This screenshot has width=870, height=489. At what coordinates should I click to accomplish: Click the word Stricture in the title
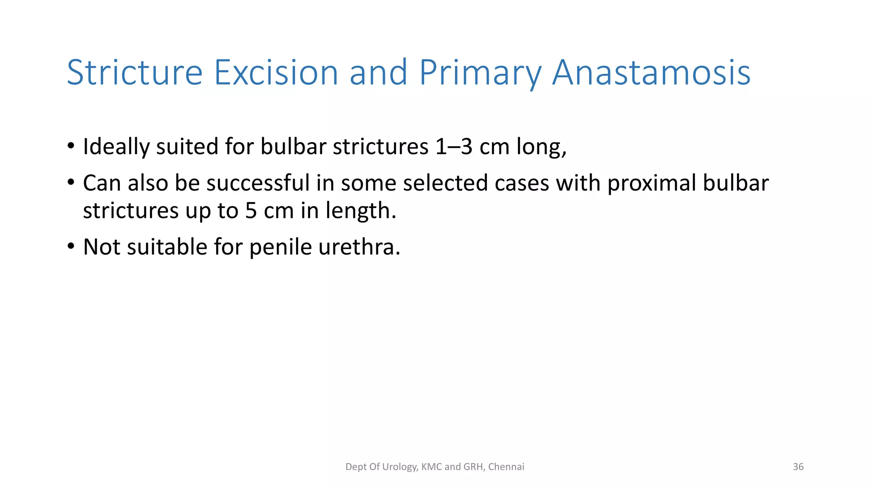tap(134, 73)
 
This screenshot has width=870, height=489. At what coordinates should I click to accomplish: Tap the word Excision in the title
tap(276, 73)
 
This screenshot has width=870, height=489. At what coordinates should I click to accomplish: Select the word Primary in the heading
tap(480, 73)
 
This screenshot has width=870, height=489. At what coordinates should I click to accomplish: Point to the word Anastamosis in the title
tap(651, 73)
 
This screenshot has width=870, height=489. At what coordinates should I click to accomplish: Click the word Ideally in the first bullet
tap(116, 147)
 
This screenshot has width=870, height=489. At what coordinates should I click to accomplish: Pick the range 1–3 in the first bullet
tap(454, 147)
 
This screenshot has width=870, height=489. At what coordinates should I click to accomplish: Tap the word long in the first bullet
tap(540, 147)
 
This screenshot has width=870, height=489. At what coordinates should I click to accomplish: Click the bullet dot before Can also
tap(71, 183)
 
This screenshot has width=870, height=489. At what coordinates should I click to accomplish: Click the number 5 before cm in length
tap(251, 211)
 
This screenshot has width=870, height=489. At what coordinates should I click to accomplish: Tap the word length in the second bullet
tap(360, 211)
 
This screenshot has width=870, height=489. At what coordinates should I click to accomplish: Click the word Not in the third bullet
tap(102, 247)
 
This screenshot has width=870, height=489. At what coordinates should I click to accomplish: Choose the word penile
tap(280, 247)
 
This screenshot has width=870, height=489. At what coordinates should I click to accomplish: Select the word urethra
tap(358, 247)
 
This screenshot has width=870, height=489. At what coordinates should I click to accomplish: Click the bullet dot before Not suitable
tap(71, 246)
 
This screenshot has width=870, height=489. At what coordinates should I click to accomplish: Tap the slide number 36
tap(798, 467)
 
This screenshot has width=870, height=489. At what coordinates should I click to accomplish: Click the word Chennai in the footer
tap(506, 467)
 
